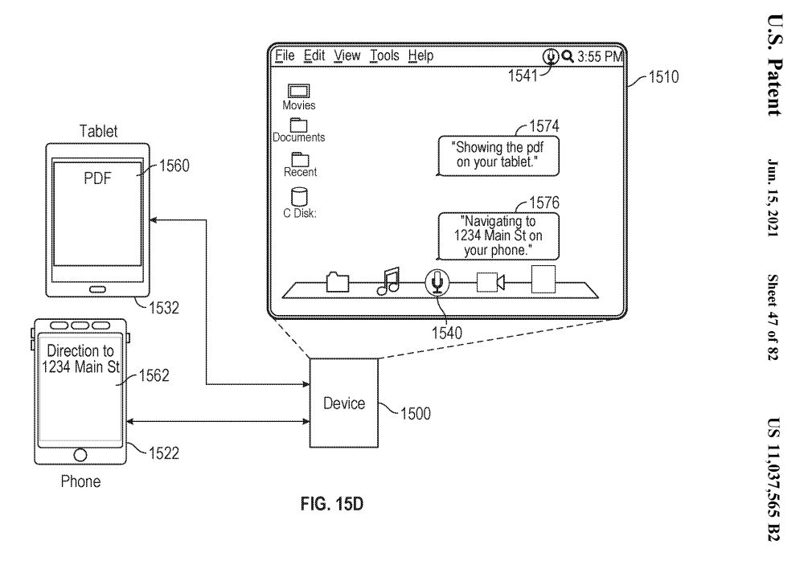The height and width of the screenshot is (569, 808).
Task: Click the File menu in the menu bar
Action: [x=285, y=55]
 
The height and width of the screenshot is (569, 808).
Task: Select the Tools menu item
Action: [x=384, y=55]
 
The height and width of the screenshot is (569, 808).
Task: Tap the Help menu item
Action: [x=420, y=55]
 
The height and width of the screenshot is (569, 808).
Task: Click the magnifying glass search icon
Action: [x=567, y=56]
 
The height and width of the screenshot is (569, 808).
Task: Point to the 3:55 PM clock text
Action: [x=600, y=56]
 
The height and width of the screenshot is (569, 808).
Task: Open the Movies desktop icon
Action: [x=299, y=91]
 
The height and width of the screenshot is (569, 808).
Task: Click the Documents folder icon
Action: [x=299, y=125]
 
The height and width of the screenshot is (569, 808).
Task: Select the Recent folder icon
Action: [x=300, y=158]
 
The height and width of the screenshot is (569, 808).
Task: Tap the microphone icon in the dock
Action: [x=437, y=281]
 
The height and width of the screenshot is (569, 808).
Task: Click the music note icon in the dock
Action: [x=388, y=280]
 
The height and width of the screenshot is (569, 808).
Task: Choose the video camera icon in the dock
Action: [x=490, y=282]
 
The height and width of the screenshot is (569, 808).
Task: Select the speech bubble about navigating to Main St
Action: [x=498, y=235]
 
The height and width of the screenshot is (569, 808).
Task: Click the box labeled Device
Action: [x=344, y=403]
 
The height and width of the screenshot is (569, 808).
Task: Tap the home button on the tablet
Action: [x=98, y=289]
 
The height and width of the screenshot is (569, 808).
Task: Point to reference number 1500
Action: [x=415, y=414]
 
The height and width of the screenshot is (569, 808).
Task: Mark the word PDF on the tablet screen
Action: [x=98, y=178]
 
